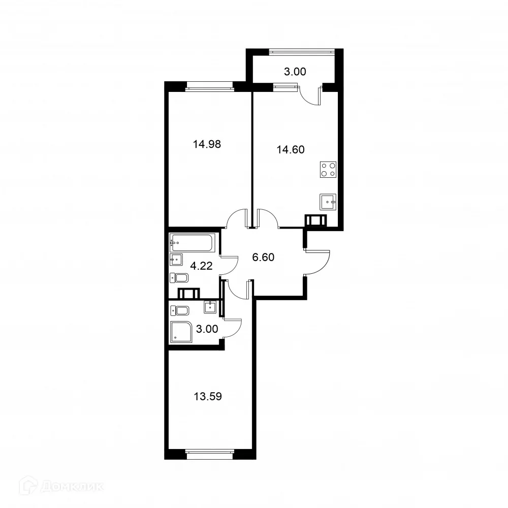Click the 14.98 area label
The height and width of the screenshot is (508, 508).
point(207,144)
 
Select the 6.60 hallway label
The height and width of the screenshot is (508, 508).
point(263,257)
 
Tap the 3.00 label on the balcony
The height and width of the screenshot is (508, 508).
point(295,72)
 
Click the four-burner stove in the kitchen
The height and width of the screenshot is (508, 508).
point(328,169)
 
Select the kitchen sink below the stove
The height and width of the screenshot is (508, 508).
point(328,202)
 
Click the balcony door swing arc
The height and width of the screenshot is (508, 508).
point(310,97)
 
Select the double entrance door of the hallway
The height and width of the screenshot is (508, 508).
point(317,262)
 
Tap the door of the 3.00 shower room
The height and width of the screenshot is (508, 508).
point(233,328)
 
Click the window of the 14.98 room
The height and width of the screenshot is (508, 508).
point(210,85)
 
